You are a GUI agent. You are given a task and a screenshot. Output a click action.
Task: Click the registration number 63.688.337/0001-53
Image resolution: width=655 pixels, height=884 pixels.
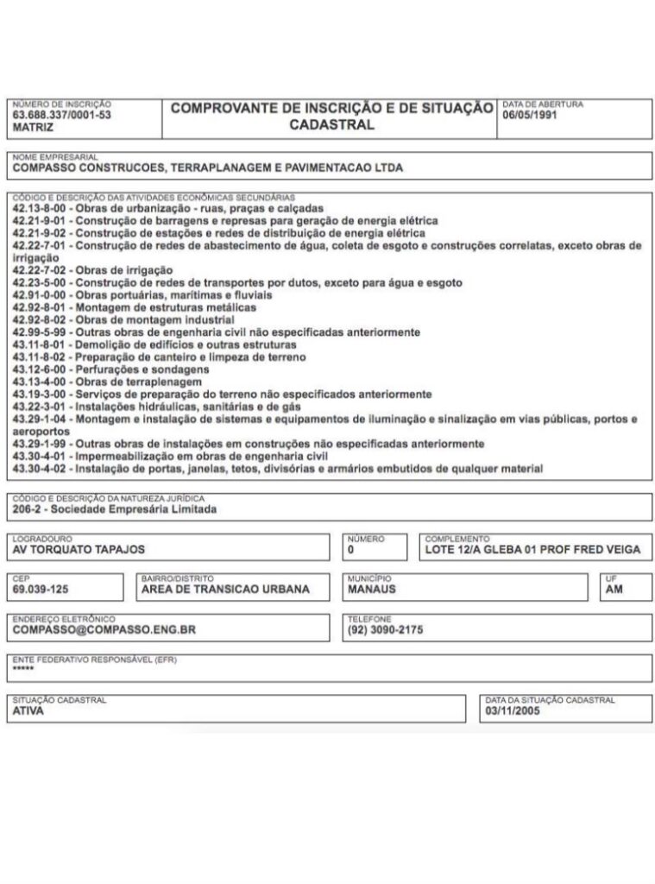61,115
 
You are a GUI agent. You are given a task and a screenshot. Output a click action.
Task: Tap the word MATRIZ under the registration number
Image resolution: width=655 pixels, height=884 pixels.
33,127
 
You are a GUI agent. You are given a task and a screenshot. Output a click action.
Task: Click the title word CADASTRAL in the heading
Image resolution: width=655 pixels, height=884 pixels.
332,124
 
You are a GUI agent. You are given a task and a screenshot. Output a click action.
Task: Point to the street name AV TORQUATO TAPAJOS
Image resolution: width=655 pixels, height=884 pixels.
79,549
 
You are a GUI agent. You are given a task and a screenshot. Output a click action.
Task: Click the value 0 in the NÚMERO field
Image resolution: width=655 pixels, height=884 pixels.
351,549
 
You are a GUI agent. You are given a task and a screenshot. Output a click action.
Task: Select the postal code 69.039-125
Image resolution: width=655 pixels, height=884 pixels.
41,590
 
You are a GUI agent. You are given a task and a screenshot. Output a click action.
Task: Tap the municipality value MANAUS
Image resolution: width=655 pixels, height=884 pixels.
371,590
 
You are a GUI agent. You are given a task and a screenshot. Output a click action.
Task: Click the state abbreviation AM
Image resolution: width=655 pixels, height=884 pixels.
614,590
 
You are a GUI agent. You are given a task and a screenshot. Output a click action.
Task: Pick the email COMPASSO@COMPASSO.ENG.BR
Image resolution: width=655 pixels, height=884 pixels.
104,630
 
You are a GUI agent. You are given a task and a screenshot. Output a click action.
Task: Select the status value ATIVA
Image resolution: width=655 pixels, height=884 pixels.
28,712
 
